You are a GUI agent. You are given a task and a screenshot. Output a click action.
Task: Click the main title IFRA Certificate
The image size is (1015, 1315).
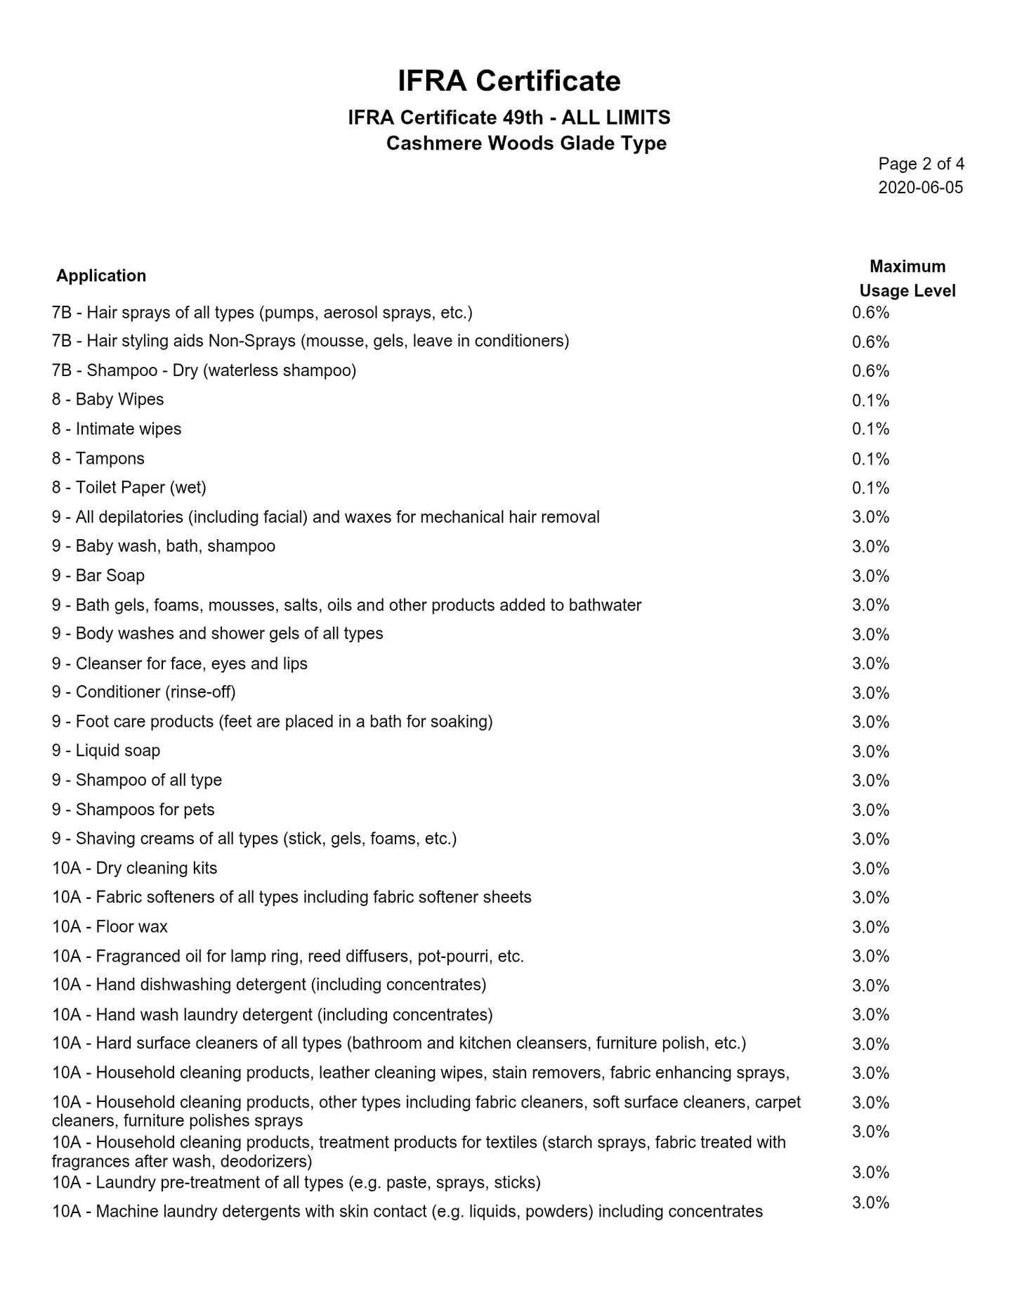point(509,81)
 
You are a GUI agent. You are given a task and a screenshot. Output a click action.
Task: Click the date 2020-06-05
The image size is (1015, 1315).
point(920,188)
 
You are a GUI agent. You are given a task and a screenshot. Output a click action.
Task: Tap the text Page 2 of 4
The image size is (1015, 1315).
point(921,164)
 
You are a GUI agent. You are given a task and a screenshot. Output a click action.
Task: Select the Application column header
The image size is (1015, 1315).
point(101,276)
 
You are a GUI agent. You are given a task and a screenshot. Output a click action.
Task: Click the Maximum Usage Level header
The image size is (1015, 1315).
point(907,278)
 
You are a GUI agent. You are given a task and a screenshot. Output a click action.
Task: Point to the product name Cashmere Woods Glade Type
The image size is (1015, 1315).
point(526,143)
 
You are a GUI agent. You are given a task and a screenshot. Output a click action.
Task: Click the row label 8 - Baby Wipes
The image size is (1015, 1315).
point(107,399)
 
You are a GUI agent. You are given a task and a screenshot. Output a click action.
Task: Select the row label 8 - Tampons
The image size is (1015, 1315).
point(98,458)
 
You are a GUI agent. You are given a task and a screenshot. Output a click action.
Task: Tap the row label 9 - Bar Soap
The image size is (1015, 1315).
point(98,576)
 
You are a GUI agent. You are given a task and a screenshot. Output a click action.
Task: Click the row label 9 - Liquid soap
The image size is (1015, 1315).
point(105,751)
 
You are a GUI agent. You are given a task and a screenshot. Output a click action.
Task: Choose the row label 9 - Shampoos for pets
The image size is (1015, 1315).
point(133,810)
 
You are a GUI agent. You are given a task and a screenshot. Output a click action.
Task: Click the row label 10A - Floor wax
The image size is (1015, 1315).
point(110,926)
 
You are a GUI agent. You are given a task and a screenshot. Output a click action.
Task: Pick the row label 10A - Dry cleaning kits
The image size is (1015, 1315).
point(134,868)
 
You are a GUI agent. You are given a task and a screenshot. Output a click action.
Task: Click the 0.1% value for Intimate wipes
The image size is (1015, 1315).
point(870,429)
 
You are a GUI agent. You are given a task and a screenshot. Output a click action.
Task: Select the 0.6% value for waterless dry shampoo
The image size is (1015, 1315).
point(870,370)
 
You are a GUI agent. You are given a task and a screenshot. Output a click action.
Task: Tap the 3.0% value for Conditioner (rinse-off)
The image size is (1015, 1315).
point(870,693)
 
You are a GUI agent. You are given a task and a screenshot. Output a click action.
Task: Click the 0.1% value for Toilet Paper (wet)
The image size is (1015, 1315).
point(870,488)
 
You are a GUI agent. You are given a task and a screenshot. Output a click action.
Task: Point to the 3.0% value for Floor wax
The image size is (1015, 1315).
point(870,927)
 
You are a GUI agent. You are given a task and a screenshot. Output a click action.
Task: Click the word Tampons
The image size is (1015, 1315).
point(110,458)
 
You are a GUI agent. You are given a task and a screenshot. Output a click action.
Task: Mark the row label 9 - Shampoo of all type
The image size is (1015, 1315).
point(136,780)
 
